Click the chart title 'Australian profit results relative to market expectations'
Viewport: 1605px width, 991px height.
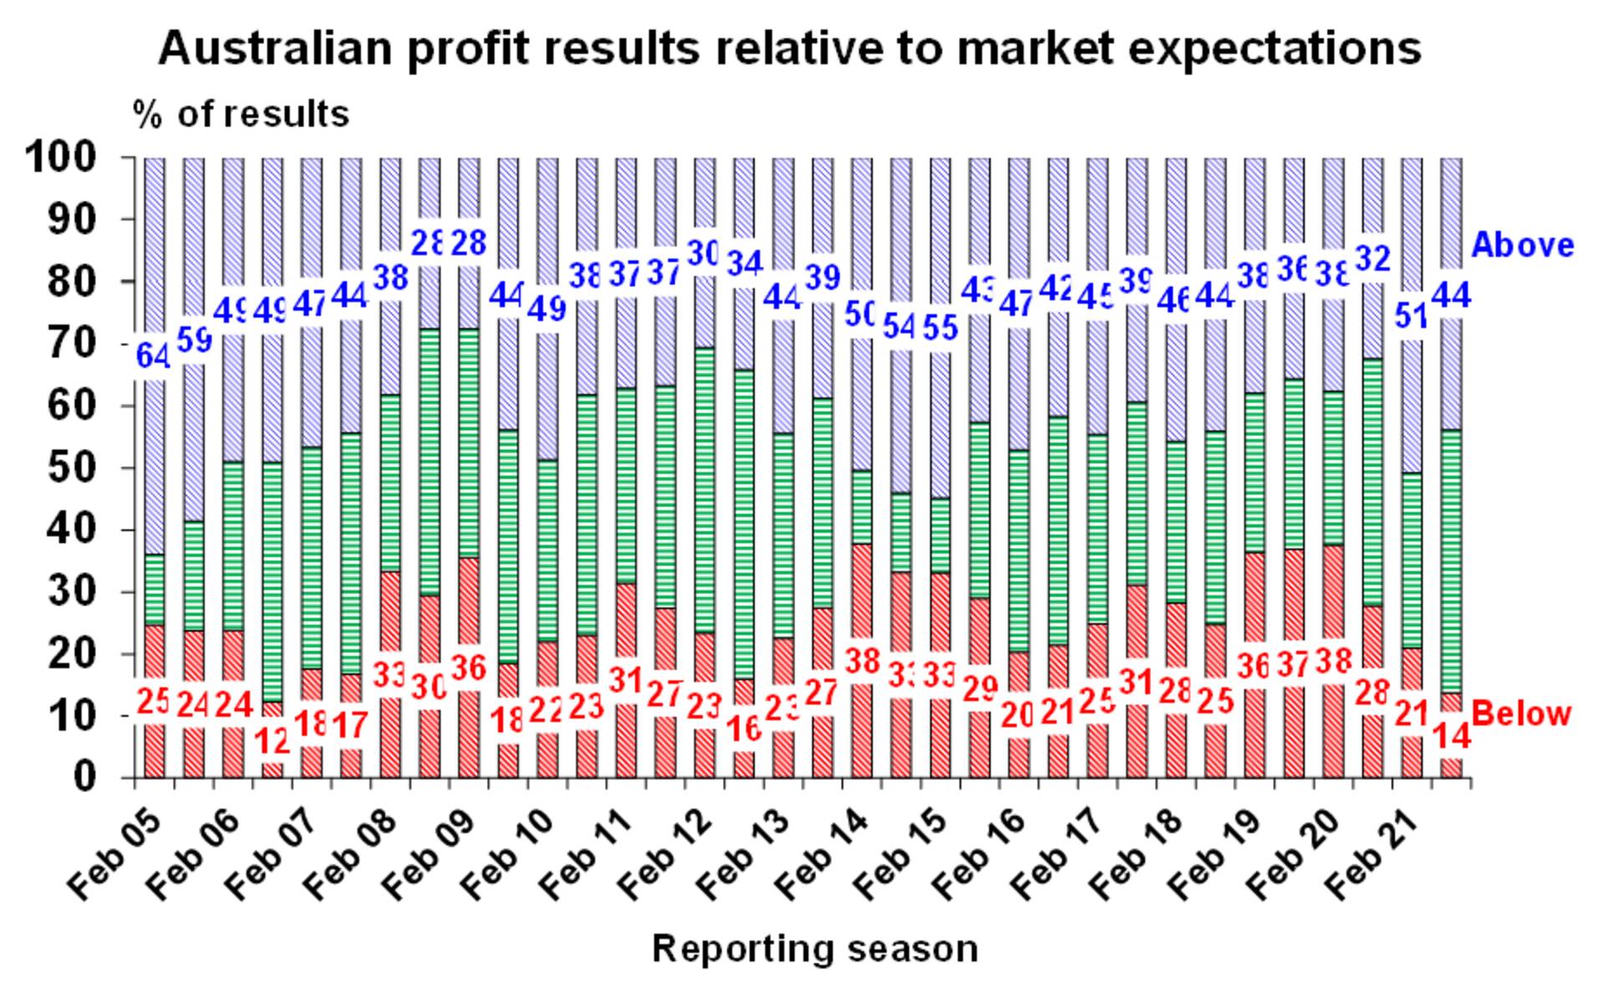coord(789,48)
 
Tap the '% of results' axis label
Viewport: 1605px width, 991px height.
coord(241,115)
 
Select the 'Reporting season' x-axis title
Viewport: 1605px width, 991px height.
coord(814,948)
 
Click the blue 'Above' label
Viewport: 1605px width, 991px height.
coord(1522,245)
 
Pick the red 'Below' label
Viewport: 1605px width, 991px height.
coord(1521,714)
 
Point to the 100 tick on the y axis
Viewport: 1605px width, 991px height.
coord(74,157)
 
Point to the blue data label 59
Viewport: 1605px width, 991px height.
coord(194,340)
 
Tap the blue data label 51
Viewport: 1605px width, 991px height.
coord(1411,318)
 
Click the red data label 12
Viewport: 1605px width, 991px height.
coord(273,740)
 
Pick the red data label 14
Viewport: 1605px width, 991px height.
coord(1451,736)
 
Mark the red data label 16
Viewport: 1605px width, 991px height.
coord(744,729)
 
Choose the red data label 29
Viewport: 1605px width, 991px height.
coord(980,687)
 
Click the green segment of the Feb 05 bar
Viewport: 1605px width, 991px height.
coord(154,590)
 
